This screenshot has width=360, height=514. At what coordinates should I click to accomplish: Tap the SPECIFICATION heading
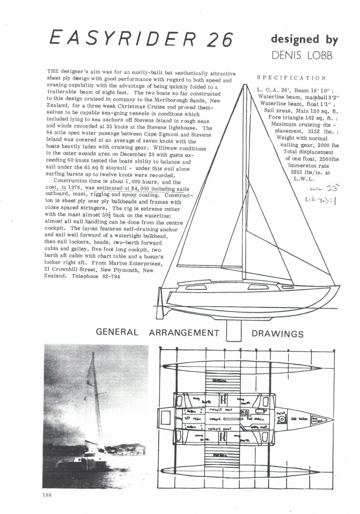291,78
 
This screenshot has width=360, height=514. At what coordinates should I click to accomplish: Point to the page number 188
47,495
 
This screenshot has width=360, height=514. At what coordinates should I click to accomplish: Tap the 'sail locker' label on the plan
300,420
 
